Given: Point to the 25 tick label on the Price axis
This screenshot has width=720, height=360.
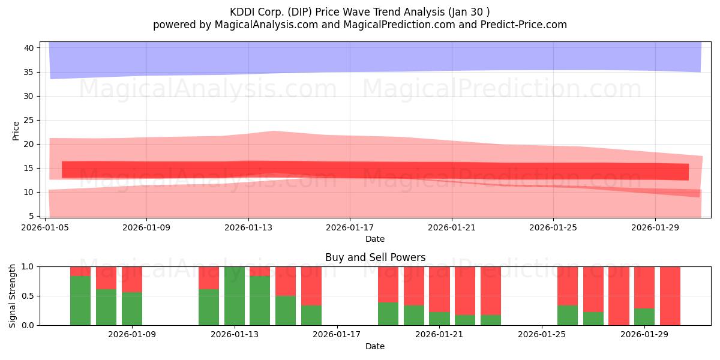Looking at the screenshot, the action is tap(29, 121).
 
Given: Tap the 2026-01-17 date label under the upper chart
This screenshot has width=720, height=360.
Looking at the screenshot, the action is tap(350, 227).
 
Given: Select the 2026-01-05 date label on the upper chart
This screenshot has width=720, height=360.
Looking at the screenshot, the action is tap(45, 227).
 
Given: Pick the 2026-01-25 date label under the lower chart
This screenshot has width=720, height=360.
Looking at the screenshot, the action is tap(542, 334).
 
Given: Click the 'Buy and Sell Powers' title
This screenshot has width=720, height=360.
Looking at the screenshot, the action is tap(375, 257).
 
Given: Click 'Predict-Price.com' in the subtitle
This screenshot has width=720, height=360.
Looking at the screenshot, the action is tap(524, 25).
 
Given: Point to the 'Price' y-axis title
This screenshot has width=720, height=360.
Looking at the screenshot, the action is tap(16, 131).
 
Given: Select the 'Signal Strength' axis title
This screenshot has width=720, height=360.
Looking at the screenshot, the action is tap(12, 296).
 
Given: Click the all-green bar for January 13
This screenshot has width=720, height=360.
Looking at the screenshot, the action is tap(235, 296).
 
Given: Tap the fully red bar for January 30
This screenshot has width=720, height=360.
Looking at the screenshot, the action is tap(670, 296).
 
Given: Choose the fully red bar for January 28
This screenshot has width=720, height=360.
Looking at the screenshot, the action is tap(619, 296).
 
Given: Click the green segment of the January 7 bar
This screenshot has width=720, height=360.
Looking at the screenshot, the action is tap(80, 301).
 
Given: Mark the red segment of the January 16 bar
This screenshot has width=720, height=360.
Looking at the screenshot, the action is tap(311, 286).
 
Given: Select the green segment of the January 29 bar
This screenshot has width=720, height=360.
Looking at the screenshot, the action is tap(644, 317).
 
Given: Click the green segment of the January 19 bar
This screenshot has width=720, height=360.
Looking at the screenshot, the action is tap(388, 314).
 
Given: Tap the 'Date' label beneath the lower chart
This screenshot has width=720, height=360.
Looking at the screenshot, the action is tap(375, 346).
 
